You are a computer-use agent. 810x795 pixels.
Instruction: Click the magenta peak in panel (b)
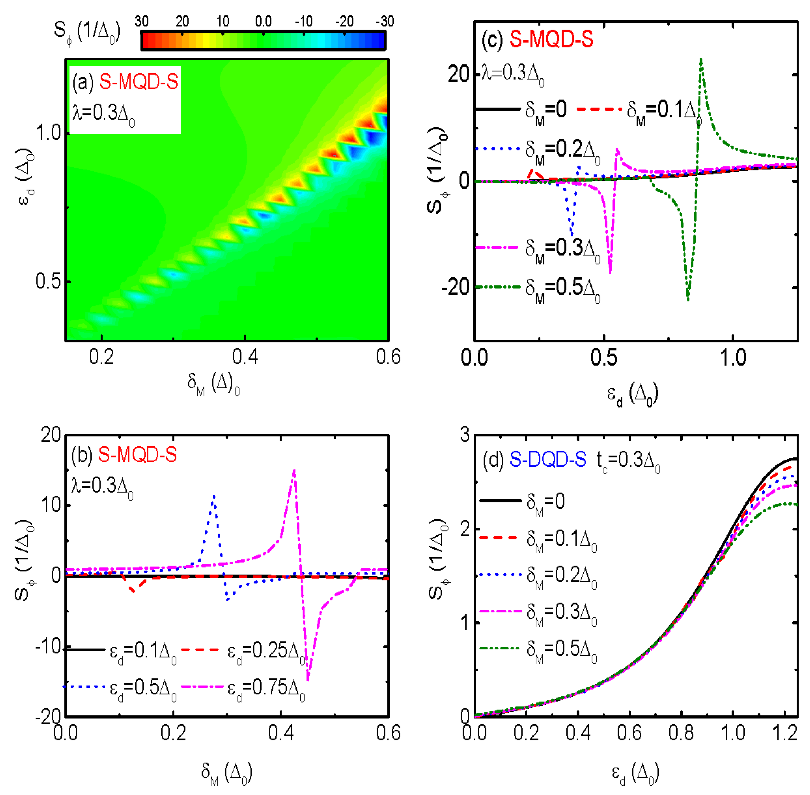pyautogui.click(x=294, y=471)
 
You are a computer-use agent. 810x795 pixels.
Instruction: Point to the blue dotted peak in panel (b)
pyautogui.click(x=214, y=496)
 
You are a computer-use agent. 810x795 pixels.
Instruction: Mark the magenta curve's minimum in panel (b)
pyautogui.click(x=308, y=680)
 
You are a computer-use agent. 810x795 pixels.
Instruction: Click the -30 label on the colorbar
pyautogui.click(x=384, y=21)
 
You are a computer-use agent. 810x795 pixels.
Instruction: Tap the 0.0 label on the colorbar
pyautogui.click(x=263, y=21)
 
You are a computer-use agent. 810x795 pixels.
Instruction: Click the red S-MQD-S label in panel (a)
pyautogui.click(x=139, y=82)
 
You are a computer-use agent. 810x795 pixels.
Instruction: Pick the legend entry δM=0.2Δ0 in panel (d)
pyautogui.click(x=561, y=577)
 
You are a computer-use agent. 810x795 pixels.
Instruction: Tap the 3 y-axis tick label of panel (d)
pyautogui.click(x=465, y=435)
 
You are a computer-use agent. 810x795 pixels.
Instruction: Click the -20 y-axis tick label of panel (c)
pyautogui.click(x=455, y=287)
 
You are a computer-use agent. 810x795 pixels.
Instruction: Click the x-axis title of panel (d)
pyautogui.click(x=635, y=773)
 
